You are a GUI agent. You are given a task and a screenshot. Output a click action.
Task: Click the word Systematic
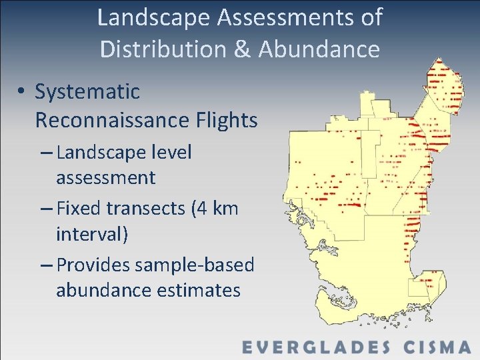pyautogui.click(x=87, y=91)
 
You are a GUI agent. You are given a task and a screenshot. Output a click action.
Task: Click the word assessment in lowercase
pyautogui.click(x=105, y=178)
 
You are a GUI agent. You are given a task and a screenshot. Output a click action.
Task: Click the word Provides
pyautogui.click(x=93, y=265)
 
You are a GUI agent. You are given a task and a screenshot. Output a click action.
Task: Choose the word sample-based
pyautogui.click(x=194, y=265)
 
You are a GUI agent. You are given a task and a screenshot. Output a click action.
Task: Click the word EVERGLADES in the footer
pyautogui.click(x=317, y=347)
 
